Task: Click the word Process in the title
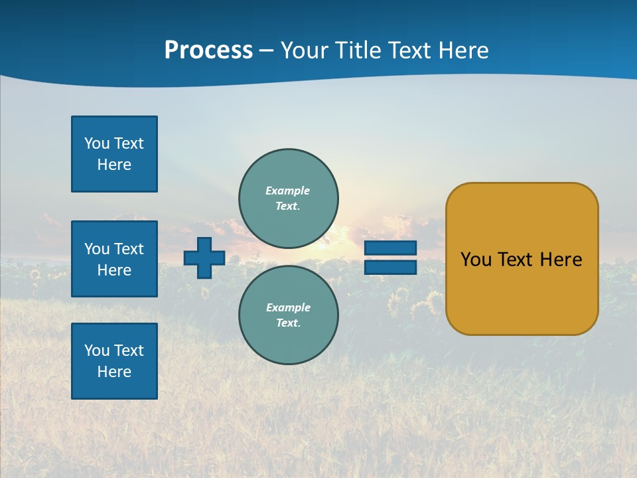(x=208, y=50)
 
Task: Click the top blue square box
(x=114, y=154)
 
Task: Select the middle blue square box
(x=114, y=259)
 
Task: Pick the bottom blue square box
(x=114, y=361)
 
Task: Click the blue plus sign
(x=204, y=258)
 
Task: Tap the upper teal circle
(x=289, y=198)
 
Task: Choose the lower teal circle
(x=289, y=315)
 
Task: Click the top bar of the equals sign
(x=390, y=248)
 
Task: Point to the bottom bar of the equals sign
(x=390, y=267)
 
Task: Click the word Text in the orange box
(x=515, y=260)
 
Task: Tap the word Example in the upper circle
(x=287, y=191)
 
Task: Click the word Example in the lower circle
(x=288, y=307)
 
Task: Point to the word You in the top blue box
(x=96, y=143)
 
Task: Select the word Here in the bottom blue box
(x=114, y=372)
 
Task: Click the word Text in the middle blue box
(x=128, y=249)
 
